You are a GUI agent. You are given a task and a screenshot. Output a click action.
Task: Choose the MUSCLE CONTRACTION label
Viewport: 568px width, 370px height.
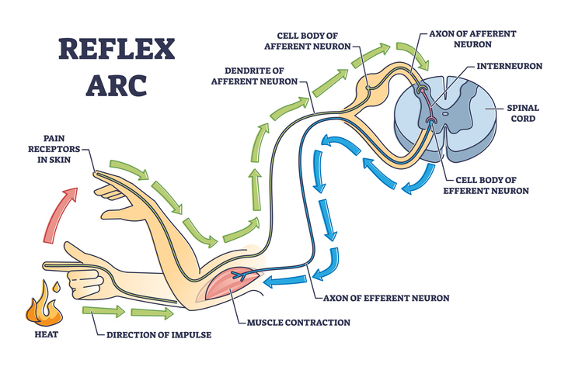coord(298,322)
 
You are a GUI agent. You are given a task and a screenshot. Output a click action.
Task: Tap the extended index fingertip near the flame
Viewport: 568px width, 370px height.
coord(48,266)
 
